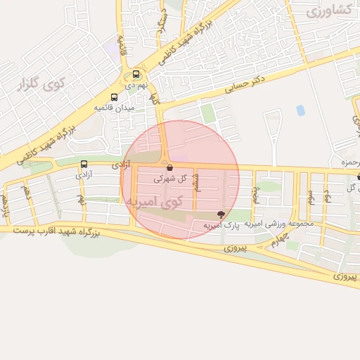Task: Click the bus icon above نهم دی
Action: pyautogui.click(x=136, y=74)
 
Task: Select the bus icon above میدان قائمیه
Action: pyautogui.click(x=114, y=97)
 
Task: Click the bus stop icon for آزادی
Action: pyautogui.click(x=84, y=164)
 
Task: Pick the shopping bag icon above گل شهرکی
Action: pyautogui.click(x=169, y=167)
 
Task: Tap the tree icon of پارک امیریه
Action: pyautogui.click(x=222, y=214)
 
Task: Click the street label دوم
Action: pyautogui.click(x=327, y=196)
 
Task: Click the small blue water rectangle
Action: pyautogui.click(x=301, y=110)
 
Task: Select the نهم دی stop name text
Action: pyautogui.click(x=138, y=84)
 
